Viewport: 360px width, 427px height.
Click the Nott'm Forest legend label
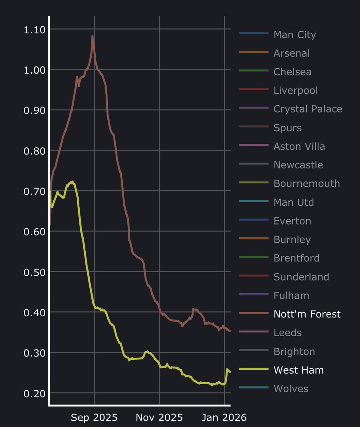click(307, 314)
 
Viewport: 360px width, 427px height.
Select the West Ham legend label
click(298, 370)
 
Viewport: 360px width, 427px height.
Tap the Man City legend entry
click(295, 35)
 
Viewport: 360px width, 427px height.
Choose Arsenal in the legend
click(291, 53)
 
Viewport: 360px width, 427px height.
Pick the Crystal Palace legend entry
click(308, 109)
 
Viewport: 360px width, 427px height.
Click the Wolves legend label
click(291, 389)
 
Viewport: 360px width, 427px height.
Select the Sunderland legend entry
click(301, 277)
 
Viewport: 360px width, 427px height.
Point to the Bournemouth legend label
click(306, 184)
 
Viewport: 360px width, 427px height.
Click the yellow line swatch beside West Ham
click(254, 370)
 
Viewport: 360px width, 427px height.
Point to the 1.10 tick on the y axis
click(35, 30)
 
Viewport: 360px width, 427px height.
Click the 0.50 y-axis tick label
click(35, 272)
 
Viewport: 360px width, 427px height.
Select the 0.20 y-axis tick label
click(35, 394)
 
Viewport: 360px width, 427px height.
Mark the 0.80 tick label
click(35, 151)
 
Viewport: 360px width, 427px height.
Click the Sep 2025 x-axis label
click(94, 417)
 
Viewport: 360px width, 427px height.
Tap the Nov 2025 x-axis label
click(159, 417)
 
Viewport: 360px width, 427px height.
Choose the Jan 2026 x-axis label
click(224, 417)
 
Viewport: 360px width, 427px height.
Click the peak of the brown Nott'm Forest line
click(92, 36)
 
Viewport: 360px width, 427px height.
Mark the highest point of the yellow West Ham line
click(72, 182)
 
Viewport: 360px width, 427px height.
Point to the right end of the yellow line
click(230, 372)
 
